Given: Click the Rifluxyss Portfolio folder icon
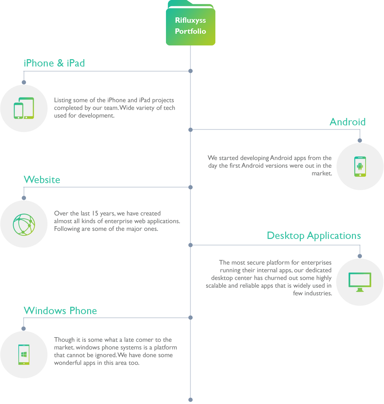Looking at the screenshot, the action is pos(190,23).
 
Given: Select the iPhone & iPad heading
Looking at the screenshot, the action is pos(54,63).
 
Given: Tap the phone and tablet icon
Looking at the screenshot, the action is pos(24,108).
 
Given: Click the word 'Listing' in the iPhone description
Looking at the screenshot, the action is pos(63,100).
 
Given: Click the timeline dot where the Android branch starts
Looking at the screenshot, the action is pos(190,129).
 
